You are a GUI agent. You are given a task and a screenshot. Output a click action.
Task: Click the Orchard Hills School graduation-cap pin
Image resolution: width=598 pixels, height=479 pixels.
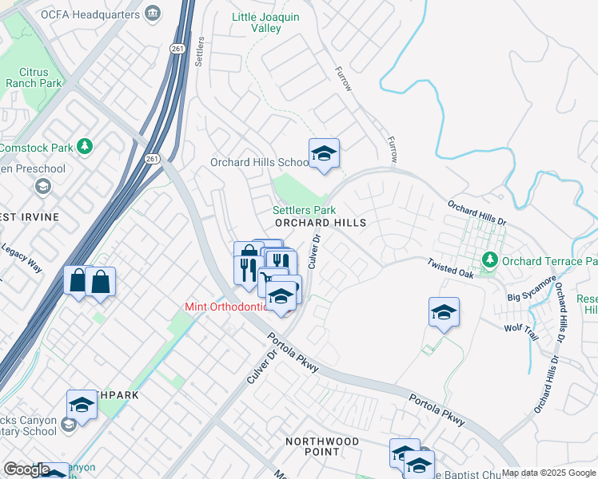pyautogui.click(x=324, y=153)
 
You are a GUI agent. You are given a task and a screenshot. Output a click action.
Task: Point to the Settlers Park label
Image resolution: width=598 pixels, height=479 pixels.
pyautogui.click(x=304, y=210)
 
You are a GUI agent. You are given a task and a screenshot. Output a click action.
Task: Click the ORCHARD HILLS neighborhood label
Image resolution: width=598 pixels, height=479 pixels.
pyautogui.click(x=321, y=223)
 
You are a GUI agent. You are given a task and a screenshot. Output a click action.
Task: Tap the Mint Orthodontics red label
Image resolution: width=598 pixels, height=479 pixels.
pyautogui.click(x=225, y=307)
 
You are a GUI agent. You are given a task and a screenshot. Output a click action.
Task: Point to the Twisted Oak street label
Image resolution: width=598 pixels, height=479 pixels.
pyautogui.click(x=450, y=268)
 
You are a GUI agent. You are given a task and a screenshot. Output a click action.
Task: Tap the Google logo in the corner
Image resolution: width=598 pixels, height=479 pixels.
pyautogui.click(x=26, y=469)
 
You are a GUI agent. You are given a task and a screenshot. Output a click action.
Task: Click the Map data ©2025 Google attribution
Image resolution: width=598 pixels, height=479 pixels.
pyautogui.click(x=548, y=473)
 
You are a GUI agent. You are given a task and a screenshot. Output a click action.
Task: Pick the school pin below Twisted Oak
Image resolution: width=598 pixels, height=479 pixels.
pyautogui.click(x=444, y=312)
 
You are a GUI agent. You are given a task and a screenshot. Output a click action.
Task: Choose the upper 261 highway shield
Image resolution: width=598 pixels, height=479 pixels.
pyautogui.click(x=177, y=49)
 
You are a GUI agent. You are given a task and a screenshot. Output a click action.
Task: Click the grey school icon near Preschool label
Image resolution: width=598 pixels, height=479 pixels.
pyautogui.click(x=42, y=187)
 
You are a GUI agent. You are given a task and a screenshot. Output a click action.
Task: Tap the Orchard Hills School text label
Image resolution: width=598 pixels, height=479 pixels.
pyautogui.click(x=258, y=162)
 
